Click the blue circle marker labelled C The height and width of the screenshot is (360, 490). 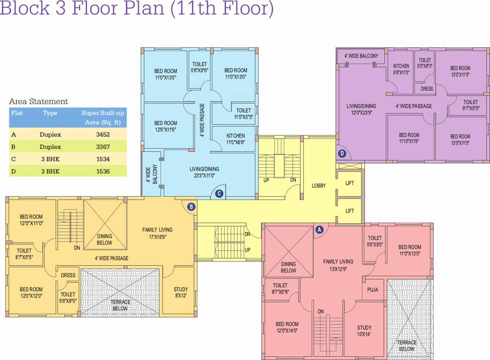click(x=218, y=193)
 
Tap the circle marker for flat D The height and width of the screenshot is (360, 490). click(x=342, y=153)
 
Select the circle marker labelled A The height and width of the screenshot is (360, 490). click(x=319, y=230)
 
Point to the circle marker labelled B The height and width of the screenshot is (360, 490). click(x=191, y=206)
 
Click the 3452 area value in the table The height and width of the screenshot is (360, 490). click(x=103, y=135)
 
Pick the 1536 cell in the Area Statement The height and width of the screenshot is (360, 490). click(x=103, y=171)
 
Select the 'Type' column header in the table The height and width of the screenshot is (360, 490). click(x=50, y=113)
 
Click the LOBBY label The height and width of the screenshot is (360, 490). click(x=319, y=186)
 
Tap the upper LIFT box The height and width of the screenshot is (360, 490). click(x=350, y=183)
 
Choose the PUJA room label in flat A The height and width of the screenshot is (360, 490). click(x=373, y=290)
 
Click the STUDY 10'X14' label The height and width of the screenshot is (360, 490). click(x=364, y=331)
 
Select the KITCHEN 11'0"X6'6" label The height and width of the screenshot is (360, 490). click(x=235, y=139)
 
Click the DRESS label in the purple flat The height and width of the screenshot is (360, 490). click(x=427, y=89)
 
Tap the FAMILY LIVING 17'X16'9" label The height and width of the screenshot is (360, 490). click(x=157, y=233)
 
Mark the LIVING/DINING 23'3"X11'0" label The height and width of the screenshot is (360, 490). click(x=204, y=172)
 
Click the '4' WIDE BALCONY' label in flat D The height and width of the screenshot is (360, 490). click(x=361, y=56)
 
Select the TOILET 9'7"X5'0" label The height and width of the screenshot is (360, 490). click(x=471, y=105)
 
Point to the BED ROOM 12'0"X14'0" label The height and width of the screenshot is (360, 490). click(x=287, y=327)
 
